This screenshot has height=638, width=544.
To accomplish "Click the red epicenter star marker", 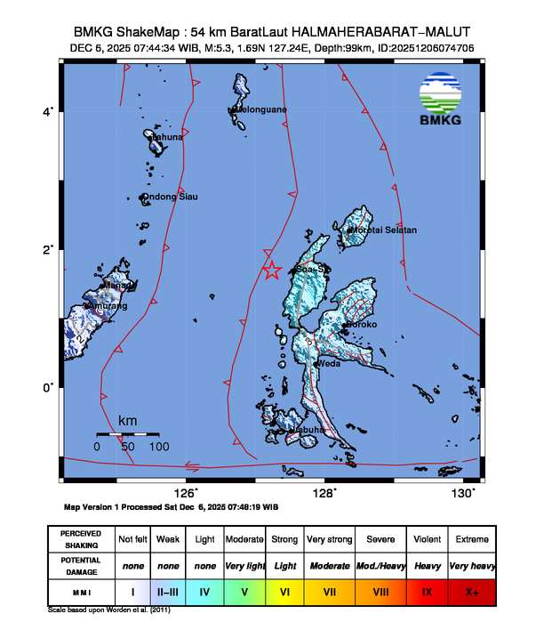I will [272, 271].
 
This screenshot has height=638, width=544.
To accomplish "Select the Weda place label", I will [329, 363].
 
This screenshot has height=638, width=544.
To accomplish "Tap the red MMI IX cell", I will [427, 591].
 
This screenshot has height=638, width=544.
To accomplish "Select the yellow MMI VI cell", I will [285, 591].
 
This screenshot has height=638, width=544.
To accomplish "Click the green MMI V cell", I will [244, 591].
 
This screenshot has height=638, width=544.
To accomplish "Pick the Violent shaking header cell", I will [427, 539].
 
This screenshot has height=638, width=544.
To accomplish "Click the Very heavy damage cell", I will [471, 565].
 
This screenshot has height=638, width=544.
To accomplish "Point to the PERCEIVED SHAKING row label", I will [81, 539].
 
